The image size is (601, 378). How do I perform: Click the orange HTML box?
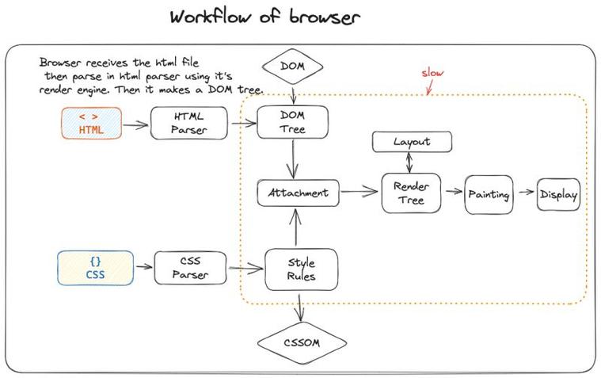coord(92,123)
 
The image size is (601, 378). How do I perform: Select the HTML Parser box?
coord(188,123)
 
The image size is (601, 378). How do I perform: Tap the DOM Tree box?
coord(292,123)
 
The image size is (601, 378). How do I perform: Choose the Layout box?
coord(412,142)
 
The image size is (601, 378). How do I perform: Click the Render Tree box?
coord(411,193)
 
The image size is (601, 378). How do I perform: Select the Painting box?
coord(488,193)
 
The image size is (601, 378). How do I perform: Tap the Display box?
coord(558,193)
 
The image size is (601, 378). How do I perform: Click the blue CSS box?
coord(95,268)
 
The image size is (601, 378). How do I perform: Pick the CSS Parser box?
coord(190,268)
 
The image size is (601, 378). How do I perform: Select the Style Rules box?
coord(301,269)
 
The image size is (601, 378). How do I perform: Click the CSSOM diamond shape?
coord(302,343)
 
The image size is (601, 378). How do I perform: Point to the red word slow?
coord(432,74)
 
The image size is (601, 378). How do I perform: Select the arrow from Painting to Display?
coord(524,193)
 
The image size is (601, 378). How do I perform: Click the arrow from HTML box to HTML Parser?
coord(136,123)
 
